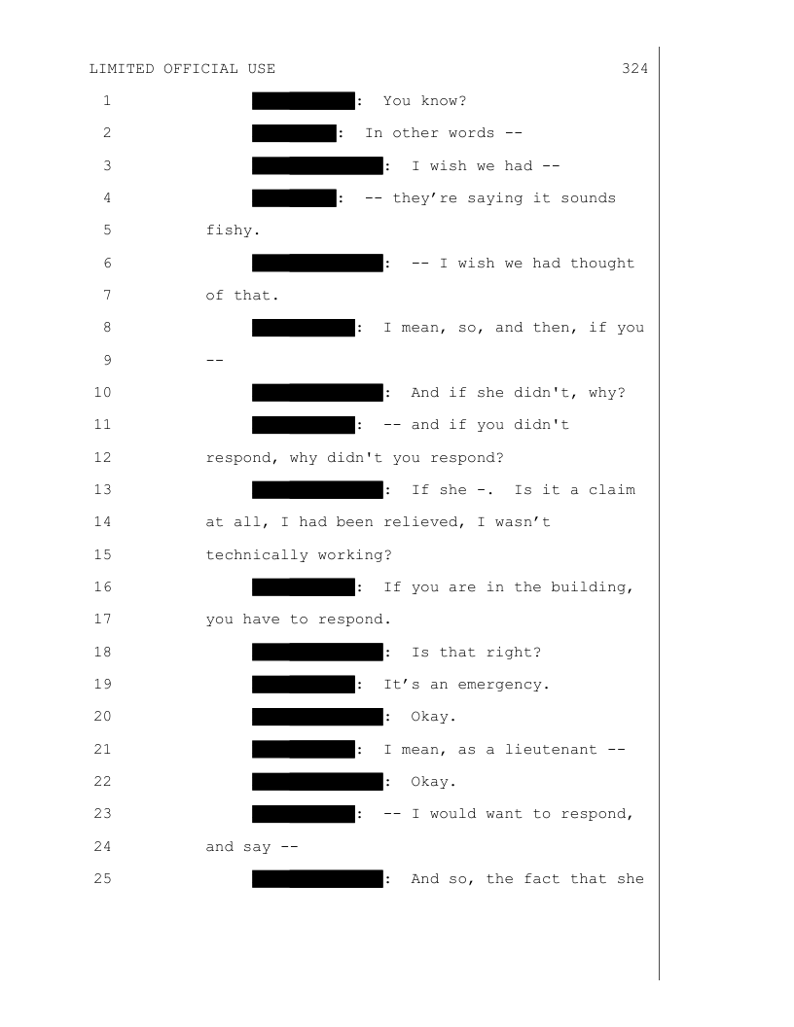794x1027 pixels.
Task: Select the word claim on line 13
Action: [612, 490]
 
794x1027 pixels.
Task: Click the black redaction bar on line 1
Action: [303, 101]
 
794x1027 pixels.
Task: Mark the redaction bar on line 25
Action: [316, 880]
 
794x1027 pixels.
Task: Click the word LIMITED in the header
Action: [122, 69]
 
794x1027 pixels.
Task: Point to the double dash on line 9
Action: [215, 361]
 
